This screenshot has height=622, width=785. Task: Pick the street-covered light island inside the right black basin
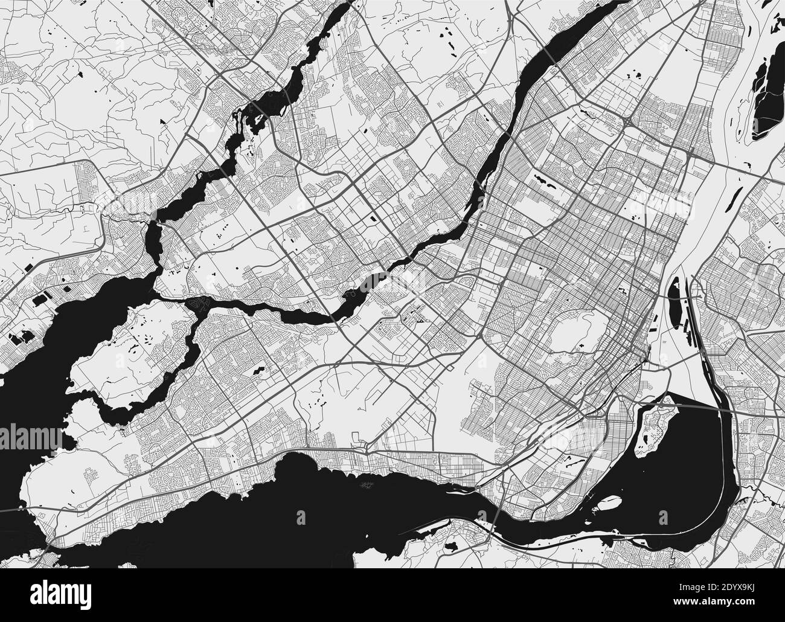(655, 423)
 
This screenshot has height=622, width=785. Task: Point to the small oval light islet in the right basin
(610, 502)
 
